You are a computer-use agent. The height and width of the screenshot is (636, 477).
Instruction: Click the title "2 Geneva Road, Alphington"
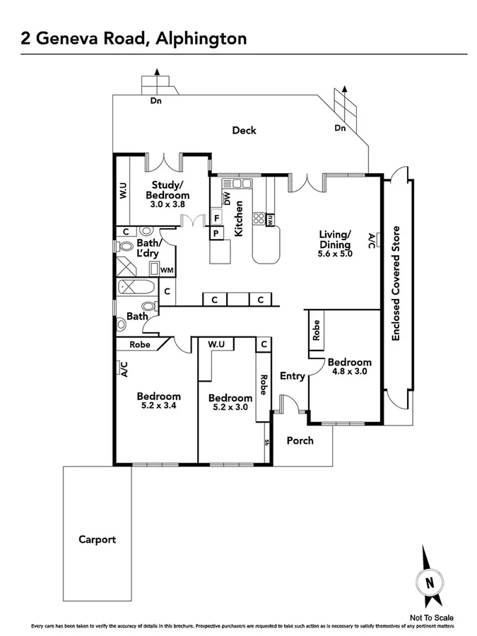click(134, 37)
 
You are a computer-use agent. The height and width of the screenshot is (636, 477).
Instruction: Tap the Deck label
click(244, 130)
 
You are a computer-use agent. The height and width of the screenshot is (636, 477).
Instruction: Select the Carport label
click(97, 539)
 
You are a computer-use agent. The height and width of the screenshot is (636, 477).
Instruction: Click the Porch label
click(299, 440)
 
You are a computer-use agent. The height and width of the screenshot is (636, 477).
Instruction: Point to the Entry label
click(293, 376)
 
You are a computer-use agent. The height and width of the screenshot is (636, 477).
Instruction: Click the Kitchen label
click(239, 218)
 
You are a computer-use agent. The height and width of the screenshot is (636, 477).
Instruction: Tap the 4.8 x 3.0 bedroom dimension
click(349, 372)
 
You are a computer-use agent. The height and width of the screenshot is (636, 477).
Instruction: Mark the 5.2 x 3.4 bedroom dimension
click(158, 406)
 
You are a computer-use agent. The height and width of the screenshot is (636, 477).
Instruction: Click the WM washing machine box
click(167, 270)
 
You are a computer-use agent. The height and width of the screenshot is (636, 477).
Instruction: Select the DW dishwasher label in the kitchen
click(227, 199)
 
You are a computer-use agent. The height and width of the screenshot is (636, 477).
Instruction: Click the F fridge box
click(216, 218)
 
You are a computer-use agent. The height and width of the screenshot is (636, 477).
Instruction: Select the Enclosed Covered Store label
click(396, 283)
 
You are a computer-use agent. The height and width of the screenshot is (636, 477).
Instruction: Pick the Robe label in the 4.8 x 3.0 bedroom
click(317, 331)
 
